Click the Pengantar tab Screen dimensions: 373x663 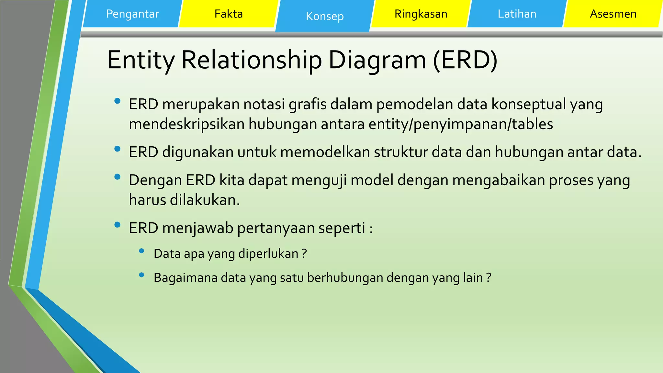click(132, 14)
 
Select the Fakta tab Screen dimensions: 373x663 click(229, 14)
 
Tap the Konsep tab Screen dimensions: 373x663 click(325, 16)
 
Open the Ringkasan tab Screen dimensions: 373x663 click(421, 14)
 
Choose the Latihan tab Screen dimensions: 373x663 click(517, 14)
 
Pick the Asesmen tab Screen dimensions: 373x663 click(613, 14)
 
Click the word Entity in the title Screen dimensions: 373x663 click(141, 60)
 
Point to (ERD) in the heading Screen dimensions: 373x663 click(465, 60)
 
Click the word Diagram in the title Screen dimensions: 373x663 click(377, 60)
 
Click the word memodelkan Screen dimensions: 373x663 click(325, 152)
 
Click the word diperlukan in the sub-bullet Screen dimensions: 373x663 click(268, 254)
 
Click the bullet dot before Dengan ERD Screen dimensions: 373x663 click(118, 177)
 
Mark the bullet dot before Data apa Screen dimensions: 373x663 click(141, 251)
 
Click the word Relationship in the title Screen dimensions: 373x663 click(252, 60)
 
